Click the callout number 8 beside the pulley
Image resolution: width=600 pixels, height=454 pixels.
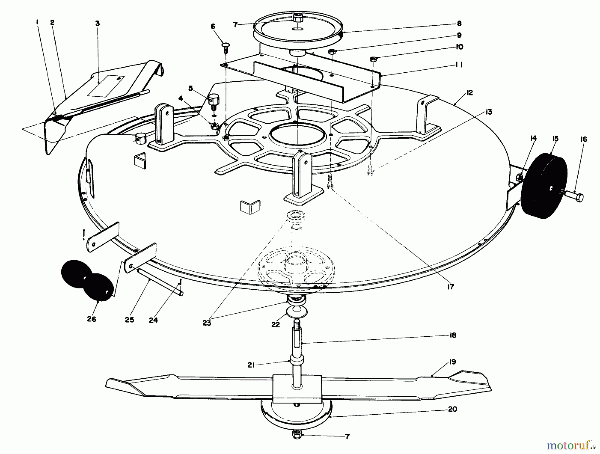(x=459, y=23)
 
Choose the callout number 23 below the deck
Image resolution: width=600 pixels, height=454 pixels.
(x=207, y=323)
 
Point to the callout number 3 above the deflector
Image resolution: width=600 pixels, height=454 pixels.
(x=97, y=24)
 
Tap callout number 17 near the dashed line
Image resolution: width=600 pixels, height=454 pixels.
(x=451, y=287)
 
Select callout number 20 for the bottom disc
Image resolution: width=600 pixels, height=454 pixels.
(x=452, y=409)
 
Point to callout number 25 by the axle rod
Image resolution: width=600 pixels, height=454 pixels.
(x=129, y=320)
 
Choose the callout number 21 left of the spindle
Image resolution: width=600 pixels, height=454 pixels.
(x=251, y=365)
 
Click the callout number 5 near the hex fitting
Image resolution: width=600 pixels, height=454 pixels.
(x=190, y=88)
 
